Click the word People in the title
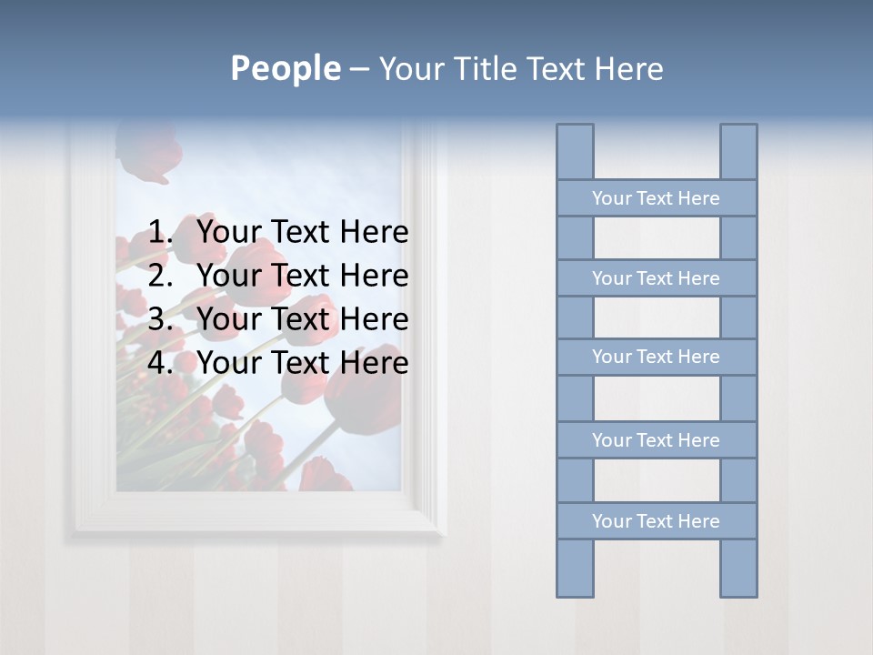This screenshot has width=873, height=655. pos(285,68)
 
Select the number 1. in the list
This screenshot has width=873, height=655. pos(161,232)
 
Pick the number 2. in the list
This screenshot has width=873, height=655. pos(161,276)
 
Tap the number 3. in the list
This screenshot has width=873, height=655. pos(161,319)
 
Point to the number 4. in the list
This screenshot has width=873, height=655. pos(161,363)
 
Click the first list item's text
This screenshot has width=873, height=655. pos(302,232)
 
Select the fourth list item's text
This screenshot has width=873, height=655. pos(302,363)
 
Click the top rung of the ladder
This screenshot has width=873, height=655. pos(656,198)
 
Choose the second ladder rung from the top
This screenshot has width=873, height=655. pos(656,278)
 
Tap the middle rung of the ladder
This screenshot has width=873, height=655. pos(656,357)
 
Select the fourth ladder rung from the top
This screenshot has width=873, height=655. pos(656,440)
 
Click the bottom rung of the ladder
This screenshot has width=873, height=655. pos(656,521)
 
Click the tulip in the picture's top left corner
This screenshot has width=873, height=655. pos(147,153)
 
